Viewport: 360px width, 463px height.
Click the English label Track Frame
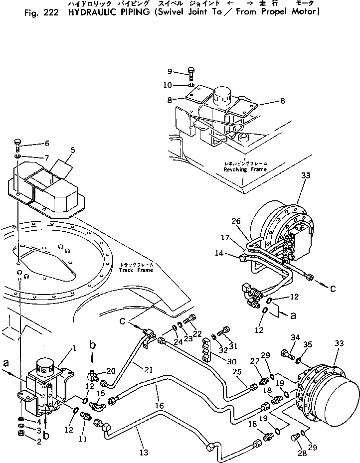pyautogui.click(x=136, y=270)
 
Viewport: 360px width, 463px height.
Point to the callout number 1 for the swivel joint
pyautogui.click(x=74, y=348)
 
